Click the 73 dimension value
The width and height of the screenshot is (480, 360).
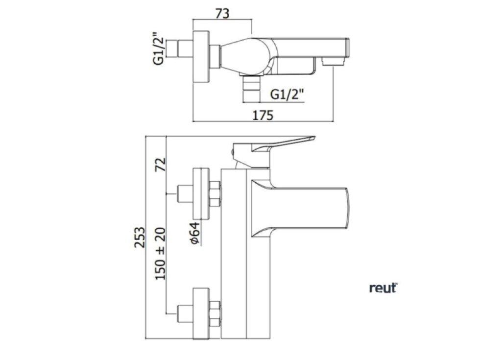(222, 14)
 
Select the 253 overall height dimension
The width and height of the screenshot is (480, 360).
(140, 239)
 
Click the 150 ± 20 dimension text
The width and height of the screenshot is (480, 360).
(161, 253)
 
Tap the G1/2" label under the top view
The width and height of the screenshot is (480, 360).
(288, 94)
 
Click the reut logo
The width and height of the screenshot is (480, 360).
(383, 288)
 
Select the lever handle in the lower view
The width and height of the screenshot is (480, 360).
(274, 145)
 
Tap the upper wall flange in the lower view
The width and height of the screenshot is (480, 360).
(201, 194)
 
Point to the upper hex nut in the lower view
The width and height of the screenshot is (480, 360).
(215, 194)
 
